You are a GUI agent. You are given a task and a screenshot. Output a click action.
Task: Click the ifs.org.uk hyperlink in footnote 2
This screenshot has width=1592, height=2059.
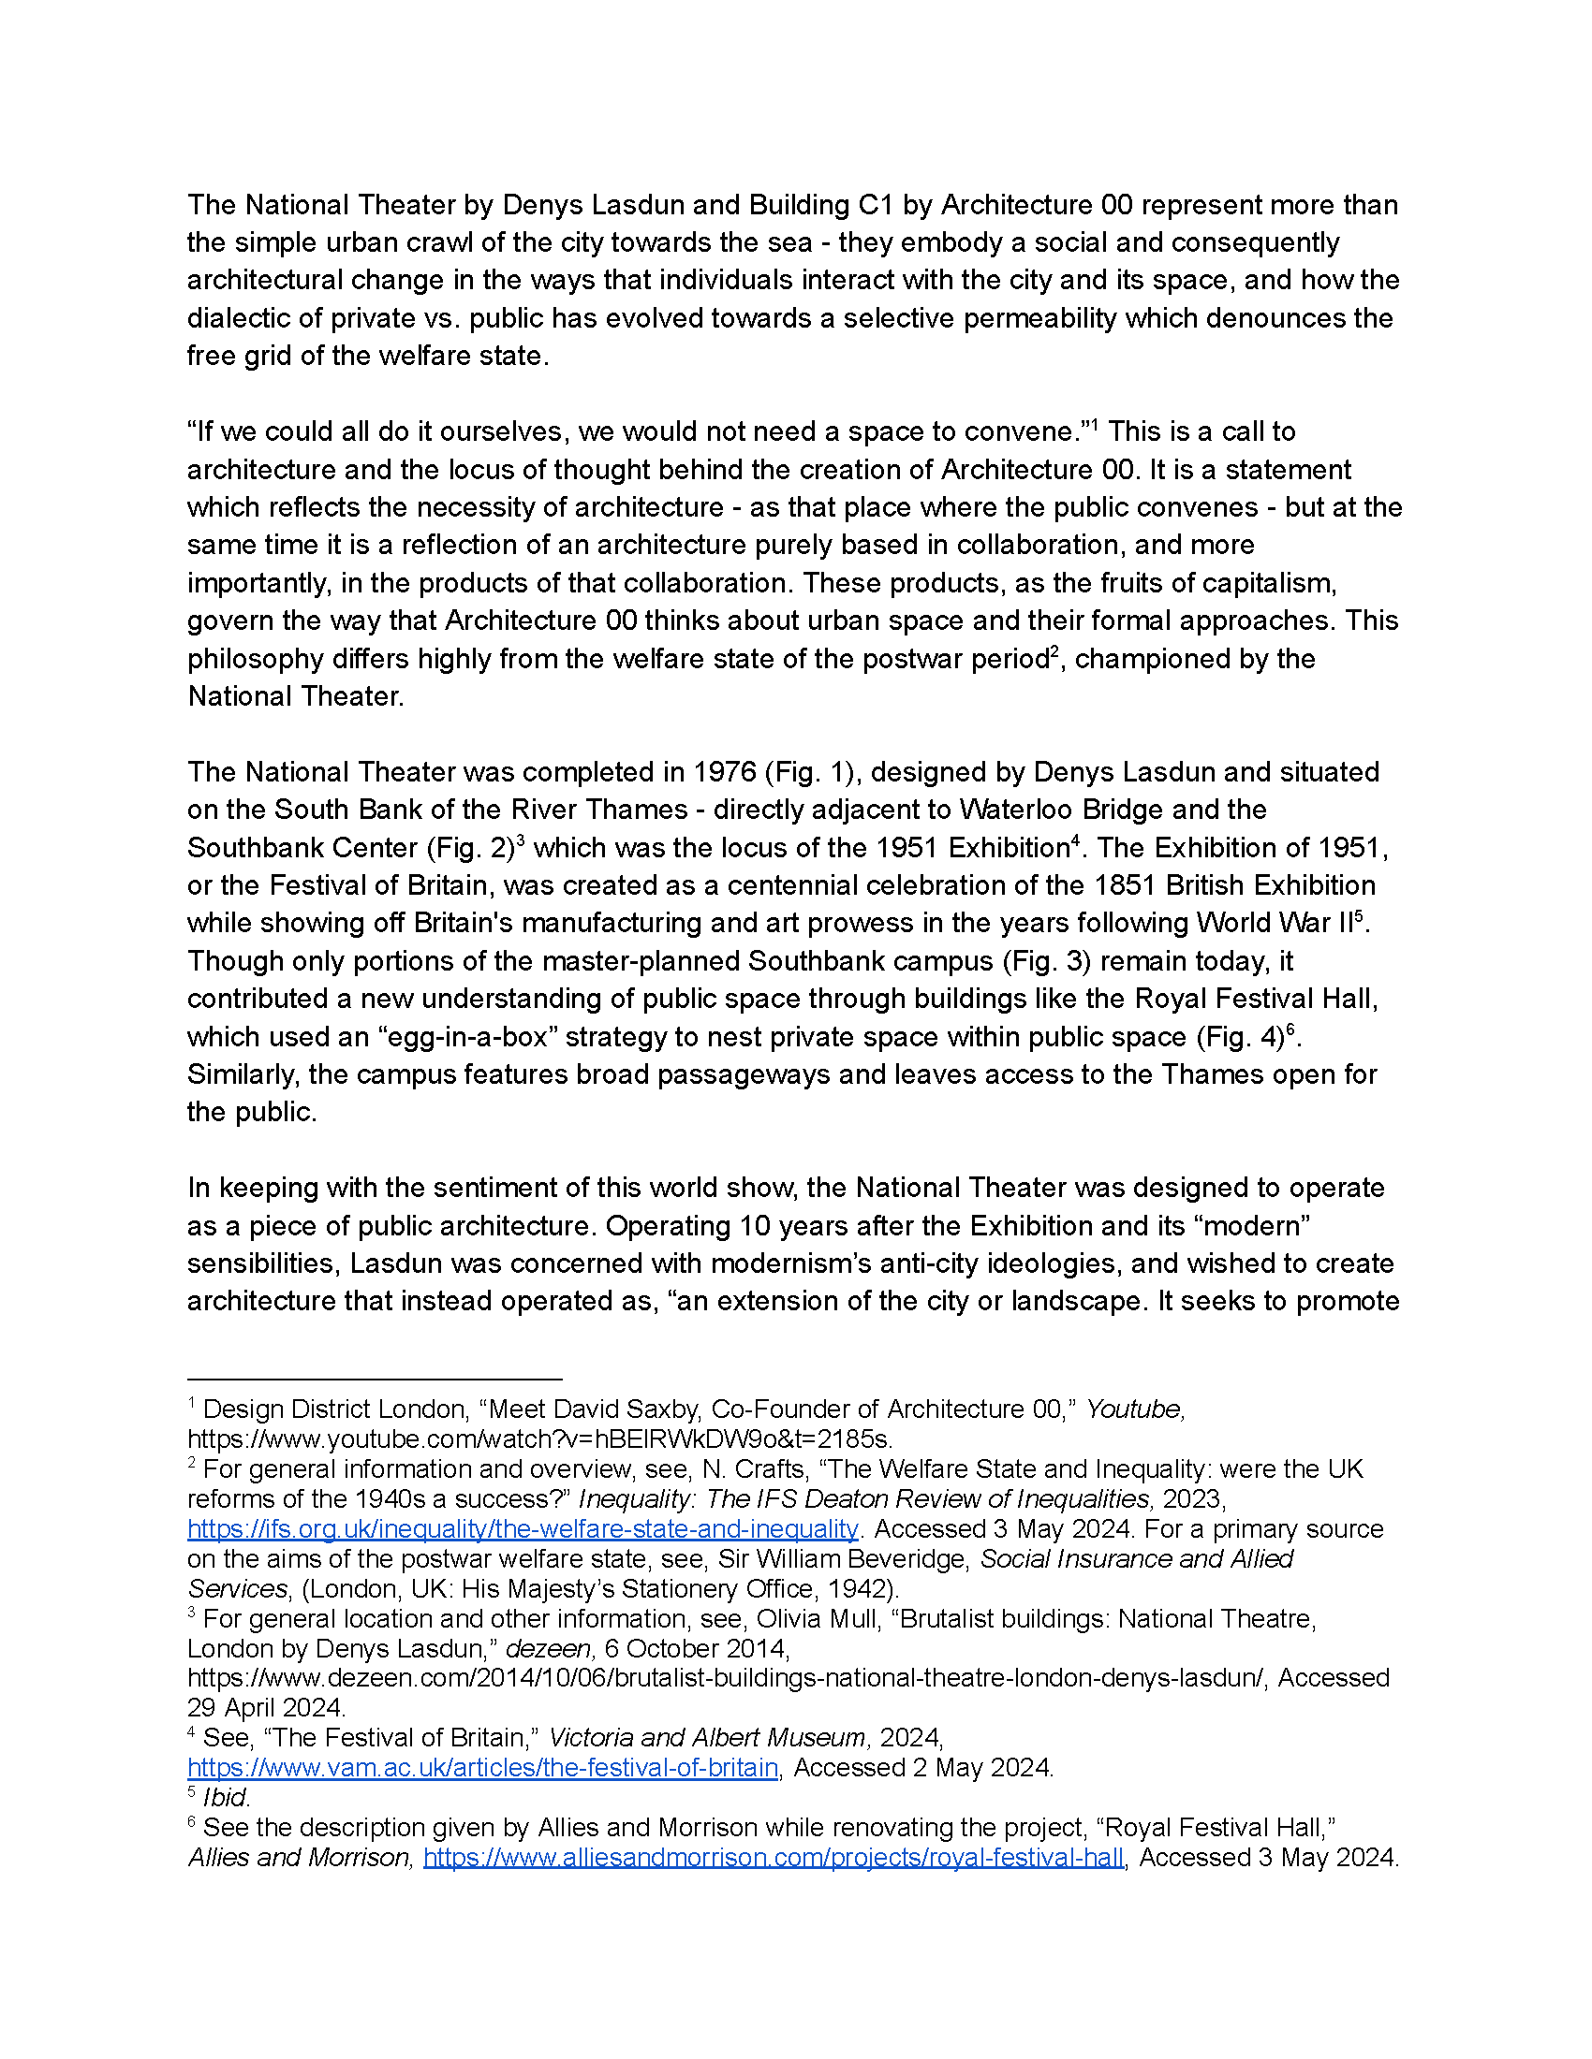(x=523, y=1528)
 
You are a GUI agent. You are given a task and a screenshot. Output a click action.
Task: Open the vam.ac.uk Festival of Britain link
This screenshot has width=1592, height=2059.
(x=482, y=1767)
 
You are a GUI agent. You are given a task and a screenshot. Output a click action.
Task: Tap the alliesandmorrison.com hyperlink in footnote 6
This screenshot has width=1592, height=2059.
(x=774, y=1856)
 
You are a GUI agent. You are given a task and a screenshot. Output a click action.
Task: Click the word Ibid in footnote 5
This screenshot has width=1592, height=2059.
(x=225, y=1797)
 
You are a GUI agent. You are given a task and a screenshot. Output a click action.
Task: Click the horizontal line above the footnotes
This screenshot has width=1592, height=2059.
(x=375, y=1379)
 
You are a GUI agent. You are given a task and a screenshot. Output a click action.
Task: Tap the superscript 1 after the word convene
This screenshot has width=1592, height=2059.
(x=1094, y=425)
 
